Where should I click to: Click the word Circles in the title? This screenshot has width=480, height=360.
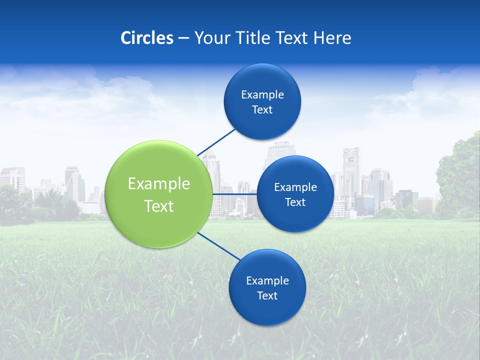pyautogui.click(x=146, y=38)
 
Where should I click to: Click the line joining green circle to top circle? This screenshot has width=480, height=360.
pyautogui.click(x=216, y=142)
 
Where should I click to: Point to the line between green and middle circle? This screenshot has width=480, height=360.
pyautogui.click(x=234, y=194)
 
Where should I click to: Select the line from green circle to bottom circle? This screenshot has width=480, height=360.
pyautogui.click(x=219, y=246)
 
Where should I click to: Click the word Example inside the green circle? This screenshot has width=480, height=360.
pyautogui.click(x=159, y=184)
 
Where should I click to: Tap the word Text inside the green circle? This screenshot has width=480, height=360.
pyautogui.click(x=159, y=206)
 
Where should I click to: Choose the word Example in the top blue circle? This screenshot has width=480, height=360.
pyautogui.click(x=262, y=95)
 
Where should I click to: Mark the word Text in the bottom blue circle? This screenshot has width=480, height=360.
pyautogui.click(x=267, y=296)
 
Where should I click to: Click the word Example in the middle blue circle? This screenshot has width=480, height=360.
pyautogui.click(x=295, y=187)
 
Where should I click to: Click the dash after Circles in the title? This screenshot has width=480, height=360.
pyautogui.click(x=183, y=38)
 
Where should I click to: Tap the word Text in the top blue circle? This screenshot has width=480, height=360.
pyautogui.click(x=262, y=110)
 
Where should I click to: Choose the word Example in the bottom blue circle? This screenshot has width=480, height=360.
pyautogui.click(x=267, y=281)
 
